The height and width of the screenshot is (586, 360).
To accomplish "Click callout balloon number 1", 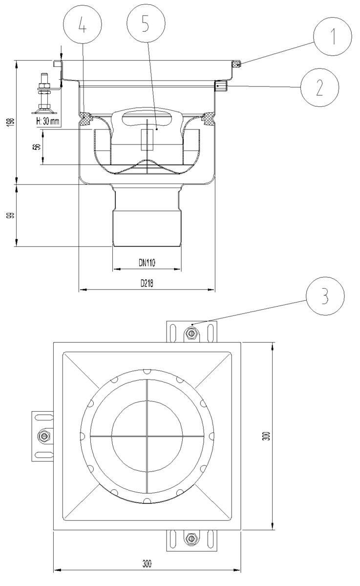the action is pyautogui.click(x=333, y=36).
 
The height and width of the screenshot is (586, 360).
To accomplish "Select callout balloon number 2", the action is pyautogui.click(x=319, y=87).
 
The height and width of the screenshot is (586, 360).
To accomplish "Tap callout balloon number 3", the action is pyautogui.click(x=325, y=296).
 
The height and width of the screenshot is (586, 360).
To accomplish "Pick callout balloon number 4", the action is pyautogui.click(x=83, y=24).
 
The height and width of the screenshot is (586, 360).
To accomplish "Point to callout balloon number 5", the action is pyautogui.click(x=146, y=23).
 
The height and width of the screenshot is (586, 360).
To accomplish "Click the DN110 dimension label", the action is pyautogui.click(x=147, y=262).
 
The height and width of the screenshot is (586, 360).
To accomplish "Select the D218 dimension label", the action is pyautogui.click(x=147, y=283).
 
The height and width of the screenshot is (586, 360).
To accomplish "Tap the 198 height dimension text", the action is pyautogui.click(x=11, y=123).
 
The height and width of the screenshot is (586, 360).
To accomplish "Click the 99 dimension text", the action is pyautogui.click(x=11, y=215).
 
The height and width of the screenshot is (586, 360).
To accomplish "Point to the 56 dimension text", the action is pyautogui.click(x=38, y=146).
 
